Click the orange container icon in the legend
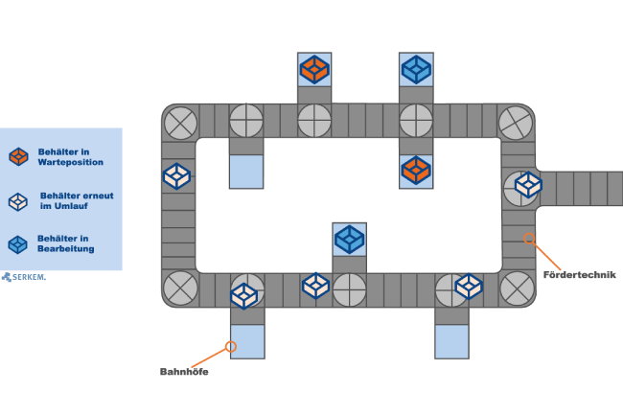coord(18,156)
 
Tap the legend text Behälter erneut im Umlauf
coord(77,200)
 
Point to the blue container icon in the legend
coord(17,244)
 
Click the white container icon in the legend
coord(18,201)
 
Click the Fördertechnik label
coord(579,275)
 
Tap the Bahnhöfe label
coord(183,372)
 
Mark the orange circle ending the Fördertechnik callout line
coord(529,239)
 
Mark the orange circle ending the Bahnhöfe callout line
coord(230,346)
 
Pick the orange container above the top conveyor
coord(314,69)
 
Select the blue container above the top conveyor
coord(416,69)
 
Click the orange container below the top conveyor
coord(416,171)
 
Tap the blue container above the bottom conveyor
coord(349,239)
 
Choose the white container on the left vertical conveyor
coord(176,176)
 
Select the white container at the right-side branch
coord(528,184)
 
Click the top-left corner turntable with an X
coord(180,123)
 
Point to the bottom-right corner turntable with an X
coord(518,288)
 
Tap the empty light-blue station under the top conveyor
coord(246,171)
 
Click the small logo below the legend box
coord(23,277)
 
